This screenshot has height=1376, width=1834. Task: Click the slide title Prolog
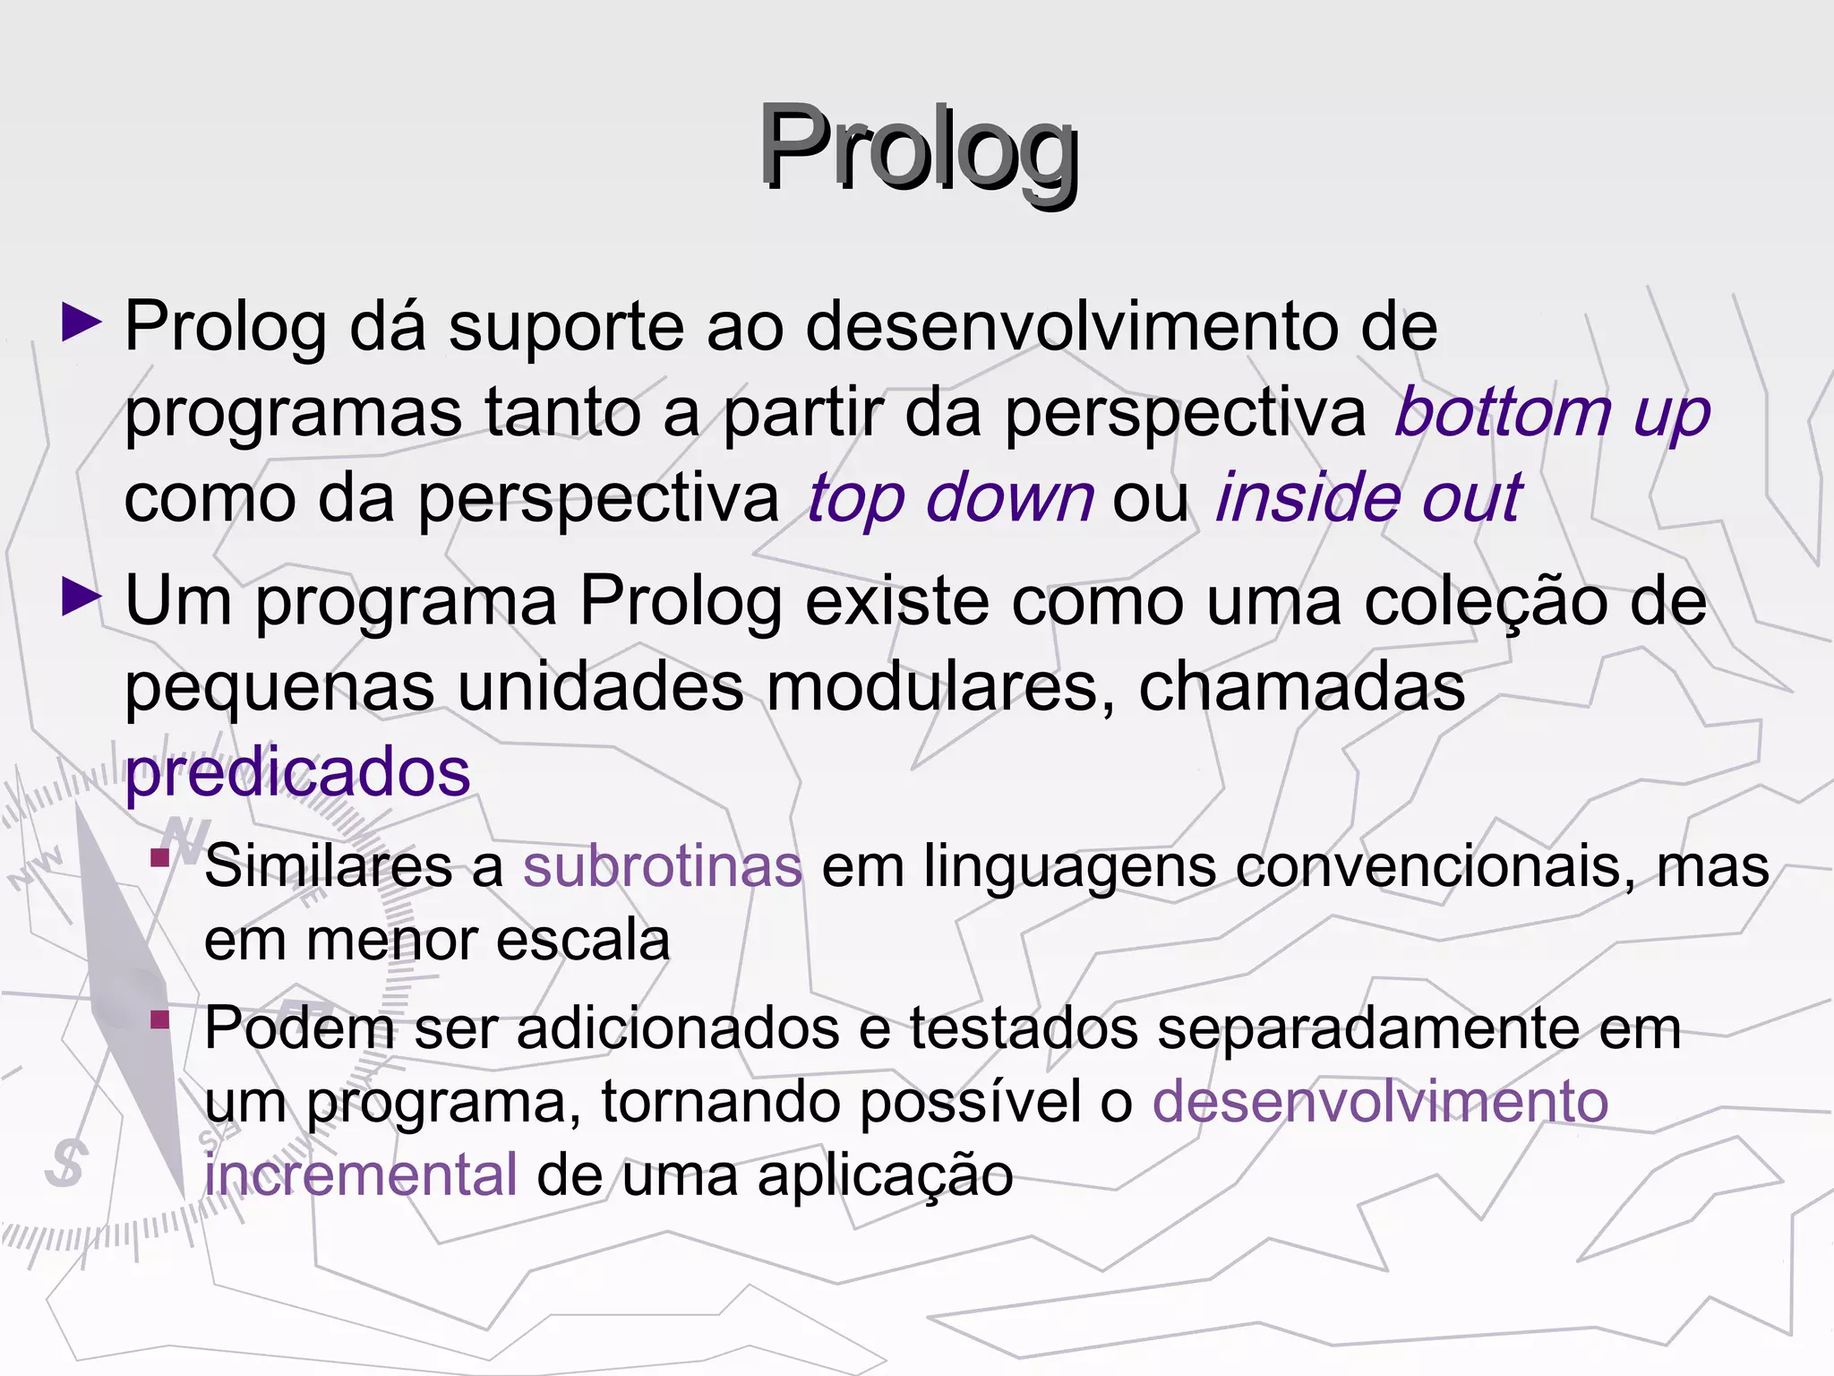tap(918, 149)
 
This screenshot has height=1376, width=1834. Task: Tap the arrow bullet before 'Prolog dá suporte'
tap(82, 322)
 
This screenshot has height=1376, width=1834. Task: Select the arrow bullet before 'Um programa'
tap(82, 598)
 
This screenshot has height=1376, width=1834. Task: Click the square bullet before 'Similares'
tap(160, 858)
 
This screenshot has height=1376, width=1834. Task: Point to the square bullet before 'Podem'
tap(160, 1019)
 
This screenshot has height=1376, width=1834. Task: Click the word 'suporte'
tap(566, 328)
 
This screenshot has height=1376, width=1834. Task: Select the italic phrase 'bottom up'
tap(1552, 413)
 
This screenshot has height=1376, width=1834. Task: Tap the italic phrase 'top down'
tap(949, 498)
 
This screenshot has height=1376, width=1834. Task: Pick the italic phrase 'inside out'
tap(1367, 498)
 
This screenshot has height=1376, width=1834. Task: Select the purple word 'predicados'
tap(297, 775)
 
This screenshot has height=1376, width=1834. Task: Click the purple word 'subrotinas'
tap(663, 866)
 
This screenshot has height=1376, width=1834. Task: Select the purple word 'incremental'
tap(361, 1174)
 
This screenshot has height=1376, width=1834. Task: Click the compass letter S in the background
tap(67, 1163)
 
